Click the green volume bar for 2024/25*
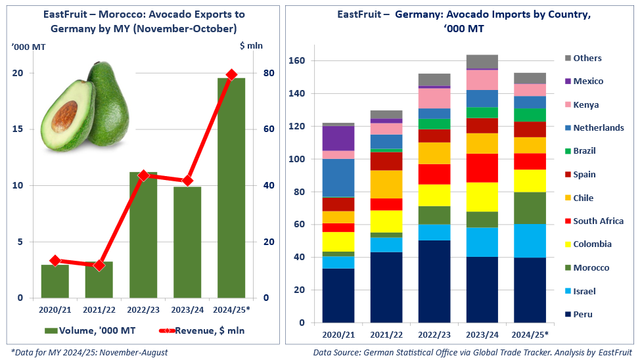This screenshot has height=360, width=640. [x=231, y=191]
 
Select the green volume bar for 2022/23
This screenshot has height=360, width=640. [x=143, y=236]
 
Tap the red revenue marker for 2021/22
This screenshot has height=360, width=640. [x=99, y=265]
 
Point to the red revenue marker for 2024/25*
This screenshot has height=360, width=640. [x=231, y=75]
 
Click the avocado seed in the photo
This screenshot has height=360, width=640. [x=65, y=116]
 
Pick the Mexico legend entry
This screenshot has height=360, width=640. [x=587, y=81]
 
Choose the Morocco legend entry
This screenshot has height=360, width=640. [x=591, y=267]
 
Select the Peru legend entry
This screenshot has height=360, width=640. [x=582, y=314]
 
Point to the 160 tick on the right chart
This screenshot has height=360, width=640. [x=298, y=60]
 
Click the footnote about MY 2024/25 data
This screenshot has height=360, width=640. [x=89, y=353]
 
